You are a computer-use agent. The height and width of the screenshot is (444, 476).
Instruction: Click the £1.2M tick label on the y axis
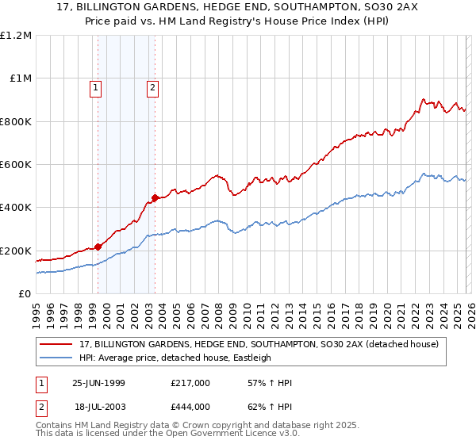pos(16,36)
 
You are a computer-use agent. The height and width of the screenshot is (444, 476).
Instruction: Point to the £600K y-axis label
pos(15,165)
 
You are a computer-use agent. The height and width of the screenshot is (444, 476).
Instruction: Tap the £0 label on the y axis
pos(25,294)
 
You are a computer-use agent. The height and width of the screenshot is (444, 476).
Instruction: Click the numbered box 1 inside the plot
pos(96,89)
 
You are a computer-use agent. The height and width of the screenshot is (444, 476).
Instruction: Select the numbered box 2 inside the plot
pos(152,89)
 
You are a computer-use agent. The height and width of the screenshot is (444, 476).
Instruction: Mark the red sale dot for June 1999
pos(98,247)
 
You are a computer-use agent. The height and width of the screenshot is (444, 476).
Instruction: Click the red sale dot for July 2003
pos(155,198)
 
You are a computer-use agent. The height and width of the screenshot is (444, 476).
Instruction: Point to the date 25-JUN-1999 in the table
pos(98,383)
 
